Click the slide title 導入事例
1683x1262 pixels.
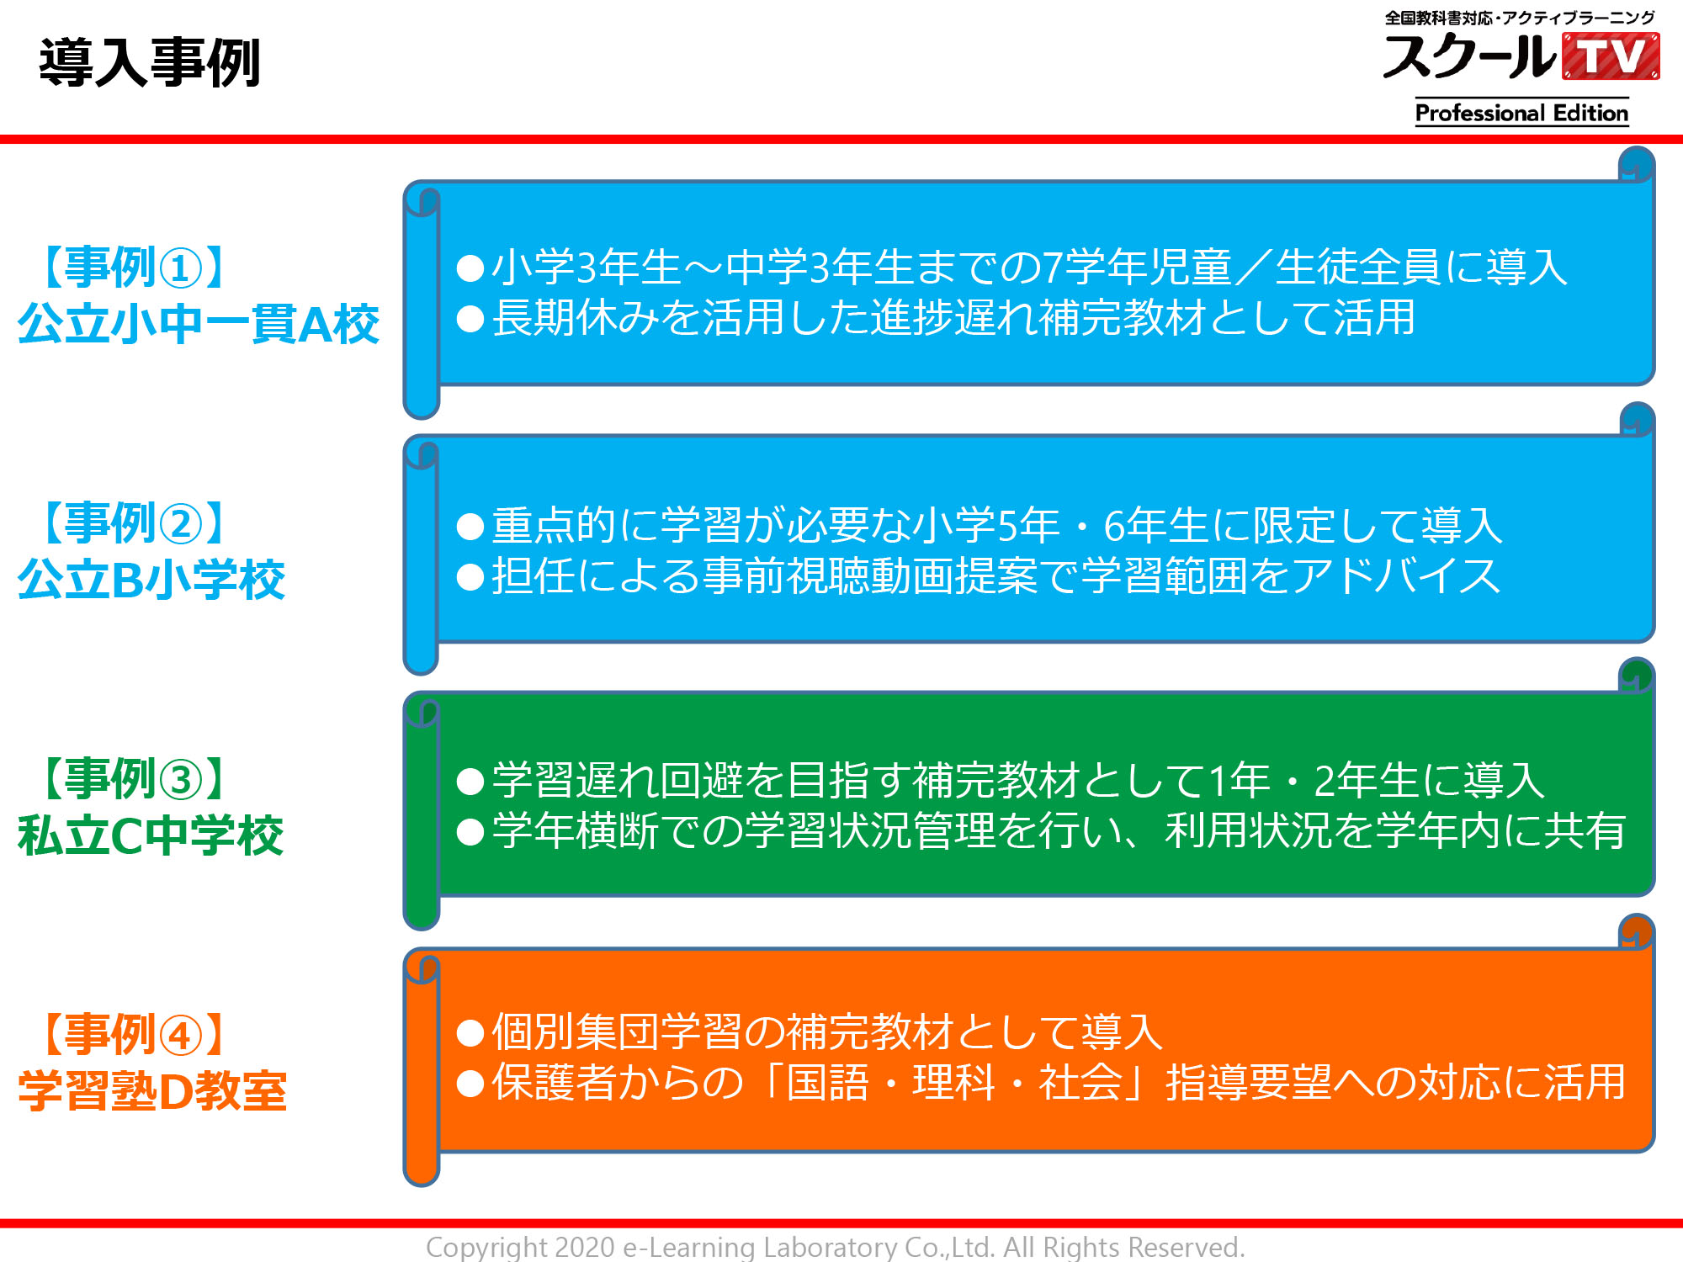[x=150, y=63]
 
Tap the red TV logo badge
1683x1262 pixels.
[x=1611, y=56]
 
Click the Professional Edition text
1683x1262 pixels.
[x=1521, y=113]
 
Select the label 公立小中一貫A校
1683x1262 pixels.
[x=199, y=324]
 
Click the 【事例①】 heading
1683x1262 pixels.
[x=133, y=268]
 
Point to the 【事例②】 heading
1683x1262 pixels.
[x=133, y=523]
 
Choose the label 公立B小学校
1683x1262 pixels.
[x=151, y=580]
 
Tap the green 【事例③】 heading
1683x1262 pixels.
[x=133, y=779]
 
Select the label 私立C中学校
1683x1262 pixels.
[x=151, y=835]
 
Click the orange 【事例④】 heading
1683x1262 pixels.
[x=133, y=1035]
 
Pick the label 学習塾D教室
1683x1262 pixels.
[x=152, y=1091]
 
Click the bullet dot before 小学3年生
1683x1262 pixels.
[x=470, y=268]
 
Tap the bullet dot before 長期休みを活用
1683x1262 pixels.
[x=470, y=319]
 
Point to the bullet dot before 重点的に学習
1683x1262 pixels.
[x=470, y=527]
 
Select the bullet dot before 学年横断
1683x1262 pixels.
[x=470, y=832]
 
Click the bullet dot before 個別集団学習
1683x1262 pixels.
[x=470, y=1033]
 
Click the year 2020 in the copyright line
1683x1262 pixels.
[x=585, y=1247]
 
